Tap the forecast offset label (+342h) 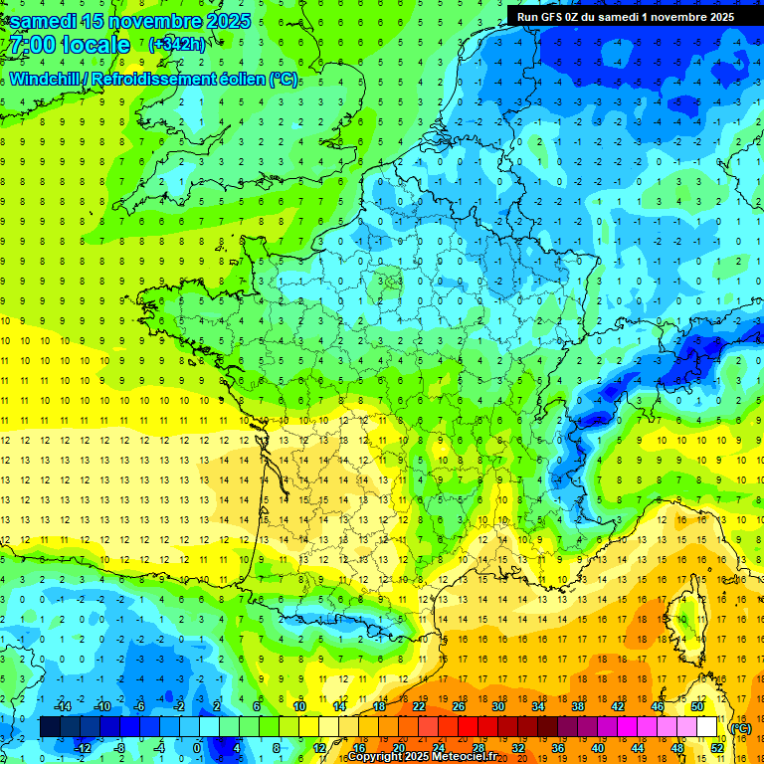click(177, 45)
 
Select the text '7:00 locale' click(68, 46)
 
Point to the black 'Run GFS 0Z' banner click(626, 16)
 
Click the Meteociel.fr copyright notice click(423, 757)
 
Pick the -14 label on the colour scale click(62, 706)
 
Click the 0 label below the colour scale click(196, 747)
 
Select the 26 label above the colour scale click(459, 706)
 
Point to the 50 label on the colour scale click(697, 706)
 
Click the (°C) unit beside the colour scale click(741, 727)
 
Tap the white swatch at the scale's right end click(707, 727)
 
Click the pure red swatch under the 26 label click(469, 727)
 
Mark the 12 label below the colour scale click(319, 747)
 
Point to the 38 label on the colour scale click(578, 706)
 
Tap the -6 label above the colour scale click(140, 706)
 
